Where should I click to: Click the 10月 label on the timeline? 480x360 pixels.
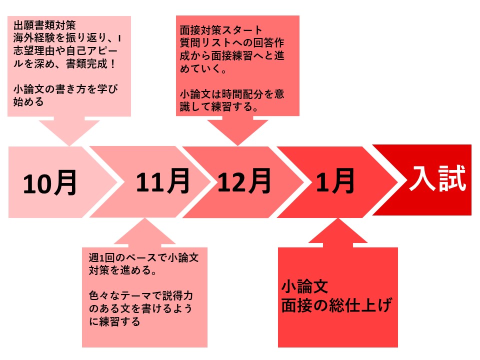49,183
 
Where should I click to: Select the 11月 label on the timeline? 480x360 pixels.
162,181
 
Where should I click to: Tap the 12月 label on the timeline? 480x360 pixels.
244,181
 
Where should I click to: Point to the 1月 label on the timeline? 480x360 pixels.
335,181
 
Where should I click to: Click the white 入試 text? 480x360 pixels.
438,178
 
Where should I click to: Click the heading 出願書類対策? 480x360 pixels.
44,25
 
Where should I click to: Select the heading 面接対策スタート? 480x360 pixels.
221,30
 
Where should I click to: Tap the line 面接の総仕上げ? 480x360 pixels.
336,305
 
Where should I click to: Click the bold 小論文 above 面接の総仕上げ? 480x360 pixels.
304,286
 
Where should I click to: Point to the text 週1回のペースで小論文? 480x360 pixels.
143,257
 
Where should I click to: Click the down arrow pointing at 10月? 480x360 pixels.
69,131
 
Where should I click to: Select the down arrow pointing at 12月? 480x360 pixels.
238,130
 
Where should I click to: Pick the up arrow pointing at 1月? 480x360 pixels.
337,232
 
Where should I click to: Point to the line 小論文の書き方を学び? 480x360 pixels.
65,89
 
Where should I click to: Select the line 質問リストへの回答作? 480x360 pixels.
232,43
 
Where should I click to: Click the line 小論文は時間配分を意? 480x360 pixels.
232,94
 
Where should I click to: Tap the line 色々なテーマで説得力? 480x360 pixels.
141,295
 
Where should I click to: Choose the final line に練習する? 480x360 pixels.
114,321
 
